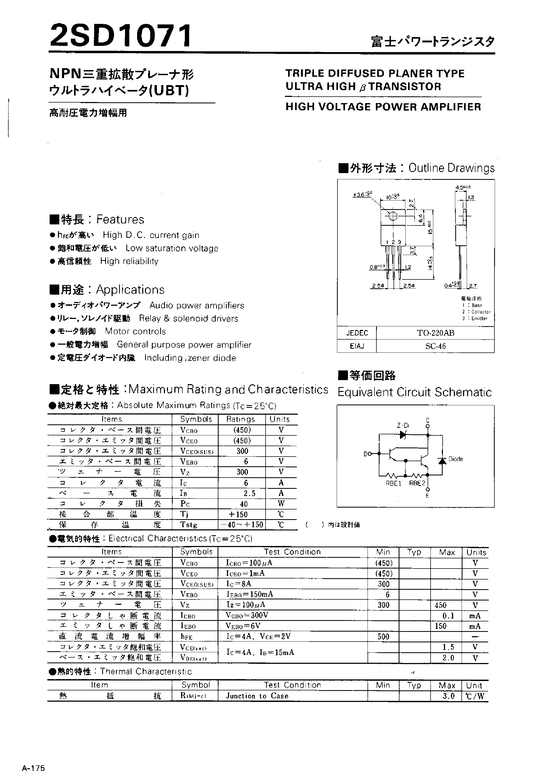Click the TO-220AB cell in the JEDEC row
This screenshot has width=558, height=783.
(x=435, y=333)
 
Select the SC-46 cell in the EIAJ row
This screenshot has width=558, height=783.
(x=435, y=346)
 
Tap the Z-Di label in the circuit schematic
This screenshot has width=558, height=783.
(x=403, y=425)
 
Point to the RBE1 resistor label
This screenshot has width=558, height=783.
(x=394, y=483)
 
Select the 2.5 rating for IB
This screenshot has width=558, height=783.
(x=249, y=493)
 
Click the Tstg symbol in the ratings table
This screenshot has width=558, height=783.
(x=189, y=525)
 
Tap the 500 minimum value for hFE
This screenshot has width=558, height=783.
(x=383, y=637)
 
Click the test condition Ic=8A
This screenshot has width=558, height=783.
(x=238, y=584)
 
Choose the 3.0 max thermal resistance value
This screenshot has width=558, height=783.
(x=448, y=696)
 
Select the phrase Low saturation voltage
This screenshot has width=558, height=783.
(x=172, y=248)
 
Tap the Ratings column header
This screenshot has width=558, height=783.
(x=241, y=419)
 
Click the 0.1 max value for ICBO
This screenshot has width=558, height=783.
(x=448, y=616)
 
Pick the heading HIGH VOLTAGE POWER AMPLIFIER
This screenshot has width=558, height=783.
(x=383, y=107)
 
